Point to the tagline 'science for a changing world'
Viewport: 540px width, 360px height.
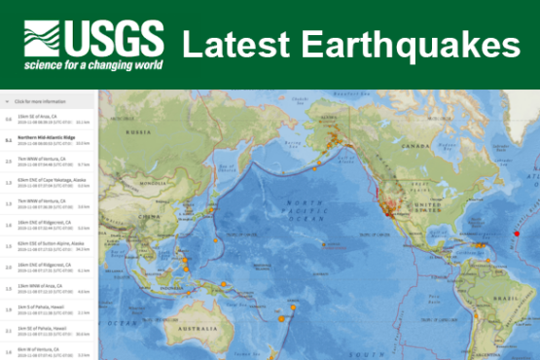94,64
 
